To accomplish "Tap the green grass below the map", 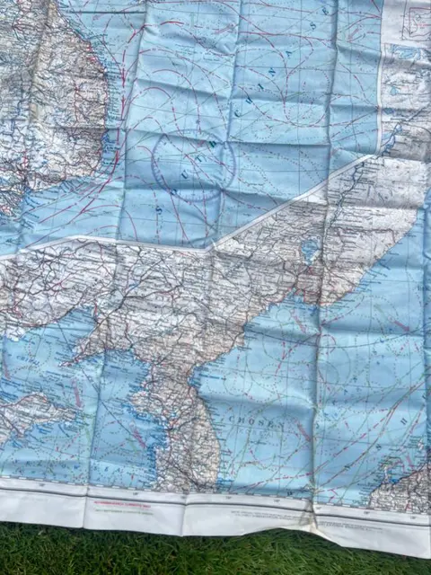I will click(215, 557).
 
